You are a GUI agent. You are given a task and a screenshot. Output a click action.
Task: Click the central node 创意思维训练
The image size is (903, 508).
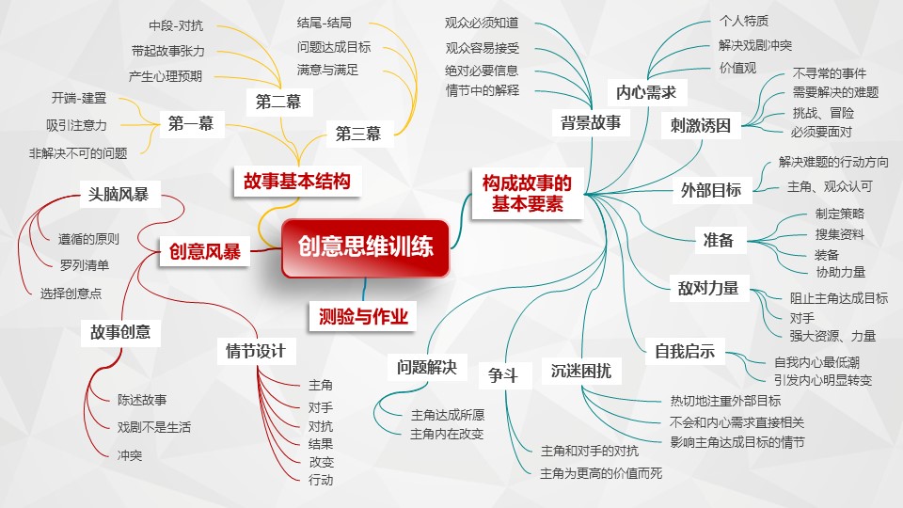(365, 248)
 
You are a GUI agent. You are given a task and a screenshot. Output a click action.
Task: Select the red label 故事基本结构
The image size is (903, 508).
(296, 181)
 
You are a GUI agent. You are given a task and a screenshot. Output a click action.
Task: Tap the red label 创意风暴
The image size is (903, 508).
(205, 251)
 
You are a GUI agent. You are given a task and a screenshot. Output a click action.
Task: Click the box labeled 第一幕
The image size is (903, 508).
(191, 123)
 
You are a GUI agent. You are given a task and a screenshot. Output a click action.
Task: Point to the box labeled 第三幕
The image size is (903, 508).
(357, 135)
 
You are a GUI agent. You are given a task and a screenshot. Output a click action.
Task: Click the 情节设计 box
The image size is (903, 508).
(256, 351)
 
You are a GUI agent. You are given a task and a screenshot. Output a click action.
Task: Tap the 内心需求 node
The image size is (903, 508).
(646, 92)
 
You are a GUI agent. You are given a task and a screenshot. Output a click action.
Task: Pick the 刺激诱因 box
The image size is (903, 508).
(701, 124)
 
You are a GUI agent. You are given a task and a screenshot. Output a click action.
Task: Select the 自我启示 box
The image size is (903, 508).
(685, 353)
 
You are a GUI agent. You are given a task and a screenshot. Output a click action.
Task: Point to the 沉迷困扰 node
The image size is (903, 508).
(580, 371)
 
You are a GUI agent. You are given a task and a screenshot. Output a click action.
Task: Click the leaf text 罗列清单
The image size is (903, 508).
(84, 263)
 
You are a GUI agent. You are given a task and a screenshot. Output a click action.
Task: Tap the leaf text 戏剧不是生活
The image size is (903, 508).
(154, 427)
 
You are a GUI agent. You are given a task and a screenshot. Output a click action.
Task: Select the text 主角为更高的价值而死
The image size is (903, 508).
(601, 473)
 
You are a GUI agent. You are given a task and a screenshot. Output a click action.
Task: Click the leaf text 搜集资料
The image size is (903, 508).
(839, 234)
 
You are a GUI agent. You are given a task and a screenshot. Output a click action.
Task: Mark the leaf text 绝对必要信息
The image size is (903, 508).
(482, 71)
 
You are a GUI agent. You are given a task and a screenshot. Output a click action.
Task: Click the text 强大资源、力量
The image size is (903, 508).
(832, 336)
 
